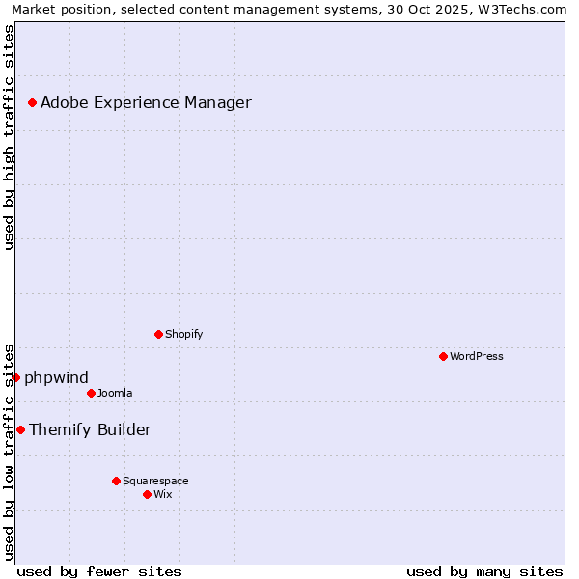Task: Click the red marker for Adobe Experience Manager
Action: coord(32,102)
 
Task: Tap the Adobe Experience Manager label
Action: coord(146,102)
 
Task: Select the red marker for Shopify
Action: coord(158,334)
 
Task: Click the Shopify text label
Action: coord(183,334)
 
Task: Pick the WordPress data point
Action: coord(443,356)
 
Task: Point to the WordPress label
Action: coord(476,356)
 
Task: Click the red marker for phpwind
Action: coord(15,377)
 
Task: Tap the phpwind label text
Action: coord(56,377)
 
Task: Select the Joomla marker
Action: coord(91,393)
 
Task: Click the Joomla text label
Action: coord(115,393)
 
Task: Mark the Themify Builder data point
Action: coord(20,429)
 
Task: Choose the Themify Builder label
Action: coord(90,429)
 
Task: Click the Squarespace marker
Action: coord(116,481)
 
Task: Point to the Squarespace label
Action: coord(155,481)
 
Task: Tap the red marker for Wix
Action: coord(147,494)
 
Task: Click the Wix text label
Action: coord(162,494)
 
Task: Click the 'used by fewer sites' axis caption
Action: coord(99,571)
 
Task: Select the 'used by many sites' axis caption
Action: coord(484,571)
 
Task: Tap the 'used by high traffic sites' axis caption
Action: coord(9,137)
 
